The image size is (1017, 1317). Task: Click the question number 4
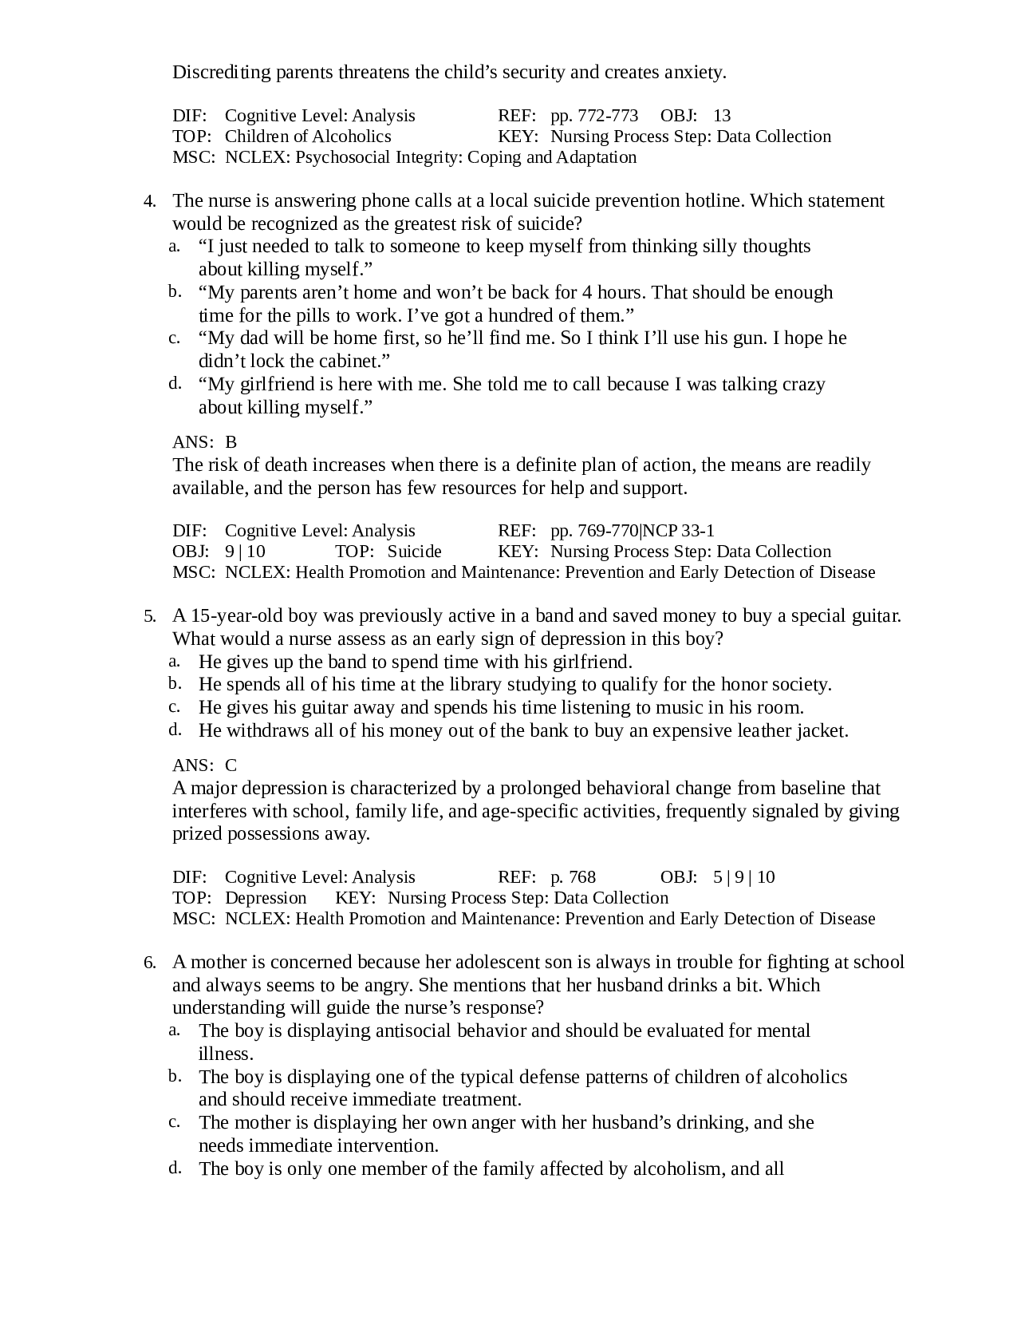149,201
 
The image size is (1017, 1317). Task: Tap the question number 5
149,616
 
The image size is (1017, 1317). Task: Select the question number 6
149,963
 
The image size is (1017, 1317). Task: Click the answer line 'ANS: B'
204,442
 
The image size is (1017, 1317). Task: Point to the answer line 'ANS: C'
204,765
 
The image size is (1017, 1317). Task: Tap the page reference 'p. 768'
573,877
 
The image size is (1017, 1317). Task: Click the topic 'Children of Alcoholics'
308,136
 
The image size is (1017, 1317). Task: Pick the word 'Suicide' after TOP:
414,552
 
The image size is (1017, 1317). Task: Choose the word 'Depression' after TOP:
266,898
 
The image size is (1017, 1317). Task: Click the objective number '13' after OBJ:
722,116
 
